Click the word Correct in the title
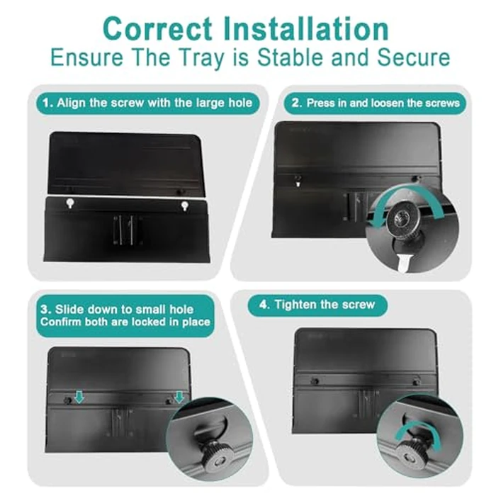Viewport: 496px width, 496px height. pyautogui.click(x=157, y=29)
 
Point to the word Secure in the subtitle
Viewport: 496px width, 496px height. pyautogui.click(x=413, y=57)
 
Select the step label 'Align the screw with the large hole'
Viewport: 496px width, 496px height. pyautogui.click(x=154, y=103)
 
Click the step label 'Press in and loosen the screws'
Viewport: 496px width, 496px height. pyautogui.click(x=383, y=103)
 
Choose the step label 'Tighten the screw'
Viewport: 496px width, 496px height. pyautogui.click(x=325, y=305)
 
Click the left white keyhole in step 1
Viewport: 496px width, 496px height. pyautogui.click(x=70, y=203)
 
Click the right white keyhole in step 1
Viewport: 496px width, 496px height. pyautogui.click(x=184, y=206)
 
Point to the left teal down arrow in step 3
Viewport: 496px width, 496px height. pyautogui.click(x=79, y=397)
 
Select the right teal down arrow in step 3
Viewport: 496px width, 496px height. pyautogui.click(x=179, y=397)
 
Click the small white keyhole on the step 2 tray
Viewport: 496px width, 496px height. pyautogui.click(x=298, y=184)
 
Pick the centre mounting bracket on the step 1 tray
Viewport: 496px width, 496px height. pyautogui.click(x=127, y=230)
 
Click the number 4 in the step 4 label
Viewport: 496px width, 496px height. pyautogui.click(x=263, y=305)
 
